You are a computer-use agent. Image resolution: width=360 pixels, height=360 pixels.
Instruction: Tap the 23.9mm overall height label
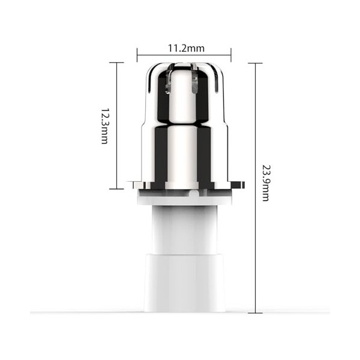coord(266,184)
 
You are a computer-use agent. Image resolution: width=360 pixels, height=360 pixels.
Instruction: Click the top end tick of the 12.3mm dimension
coord(116,62)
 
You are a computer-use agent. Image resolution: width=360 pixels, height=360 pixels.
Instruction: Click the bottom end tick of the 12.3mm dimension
coord(116,188)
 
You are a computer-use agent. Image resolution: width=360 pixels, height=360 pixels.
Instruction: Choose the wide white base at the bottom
coord(184,282)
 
